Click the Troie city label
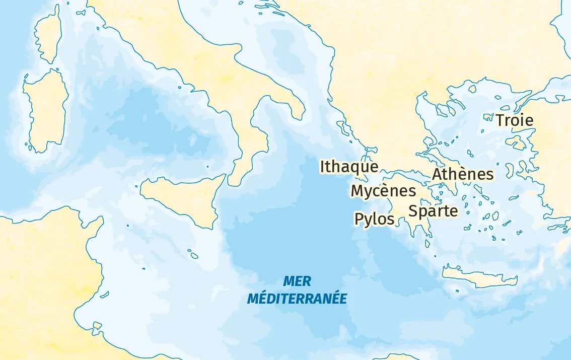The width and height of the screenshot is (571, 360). coord(514,120)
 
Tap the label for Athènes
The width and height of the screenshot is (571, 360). coord(463,174)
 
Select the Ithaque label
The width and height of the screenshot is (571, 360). coord(349,167)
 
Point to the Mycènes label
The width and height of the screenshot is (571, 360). coord(383,191)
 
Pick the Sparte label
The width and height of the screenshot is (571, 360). coord(433,211)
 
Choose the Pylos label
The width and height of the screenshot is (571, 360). coord(374,219)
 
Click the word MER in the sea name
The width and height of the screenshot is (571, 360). coord(297,281)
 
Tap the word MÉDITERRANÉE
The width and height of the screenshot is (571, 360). coord(297,299)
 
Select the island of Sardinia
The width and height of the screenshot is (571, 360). coord(45,111)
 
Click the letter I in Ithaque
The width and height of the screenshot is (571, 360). coord(323,167)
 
